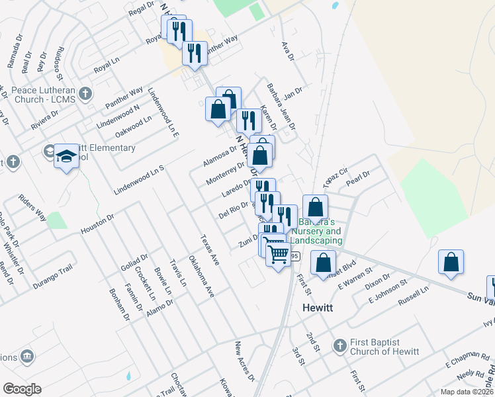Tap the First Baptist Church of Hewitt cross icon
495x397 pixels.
(x=339, y=345)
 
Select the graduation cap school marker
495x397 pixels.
(x=66, y=157)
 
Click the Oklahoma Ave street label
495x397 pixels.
(x=201, y=276)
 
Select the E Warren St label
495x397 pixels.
(x=356, y=278)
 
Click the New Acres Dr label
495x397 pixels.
(x=245, y=361)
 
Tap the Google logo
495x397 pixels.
(x=22, y=389)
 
